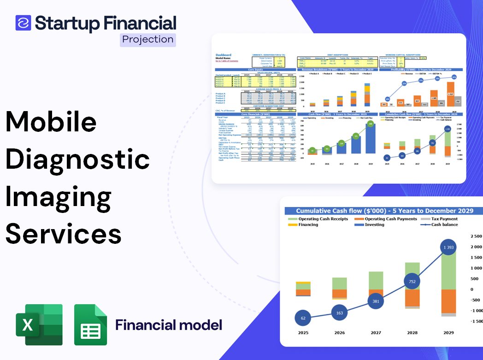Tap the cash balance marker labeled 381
point(376,301)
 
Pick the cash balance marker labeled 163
point(339,313)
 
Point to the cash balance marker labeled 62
point(302,318)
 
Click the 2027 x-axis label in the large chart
point(376,332)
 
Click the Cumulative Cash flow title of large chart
point(384,211)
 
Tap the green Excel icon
point(39,325)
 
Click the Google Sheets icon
point(91,325)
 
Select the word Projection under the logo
point(148,40)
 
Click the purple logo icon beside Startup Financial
point(24,22)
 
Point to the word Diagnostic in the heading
point(77,159)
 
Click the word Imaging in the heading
point(59,196)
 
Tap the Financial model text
point(169,325)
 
